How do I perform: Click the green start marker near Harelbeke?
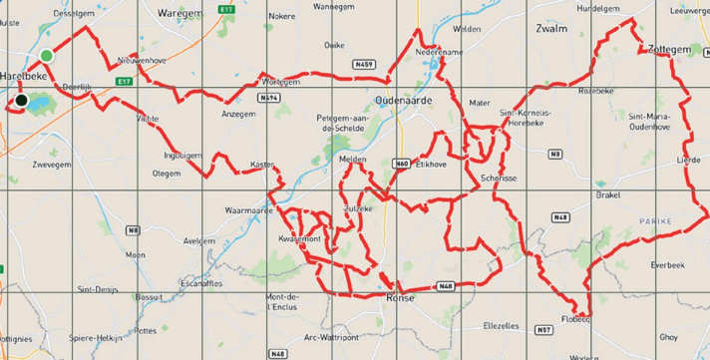tap(46, 55)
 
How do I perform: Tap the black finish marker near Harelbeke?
tap(20, 100)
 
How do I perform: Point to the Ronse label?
tap(400, 297)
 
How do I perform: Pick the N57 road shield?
tap(542, 330)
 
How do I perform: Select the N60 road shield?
tap(402, 162)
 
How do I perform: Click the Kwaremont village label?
tap(299, 239)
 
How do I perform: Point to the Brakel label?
tap(608, 195)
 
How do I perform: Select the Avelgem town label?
tap(200, 240)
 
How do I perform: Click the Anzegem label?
tap(238, 114)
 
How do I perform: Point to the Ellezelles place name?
tap(501, 325)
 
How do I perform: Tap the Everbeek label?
tap(667, 265)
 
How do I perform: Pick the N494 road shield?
tap(266, 99)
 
